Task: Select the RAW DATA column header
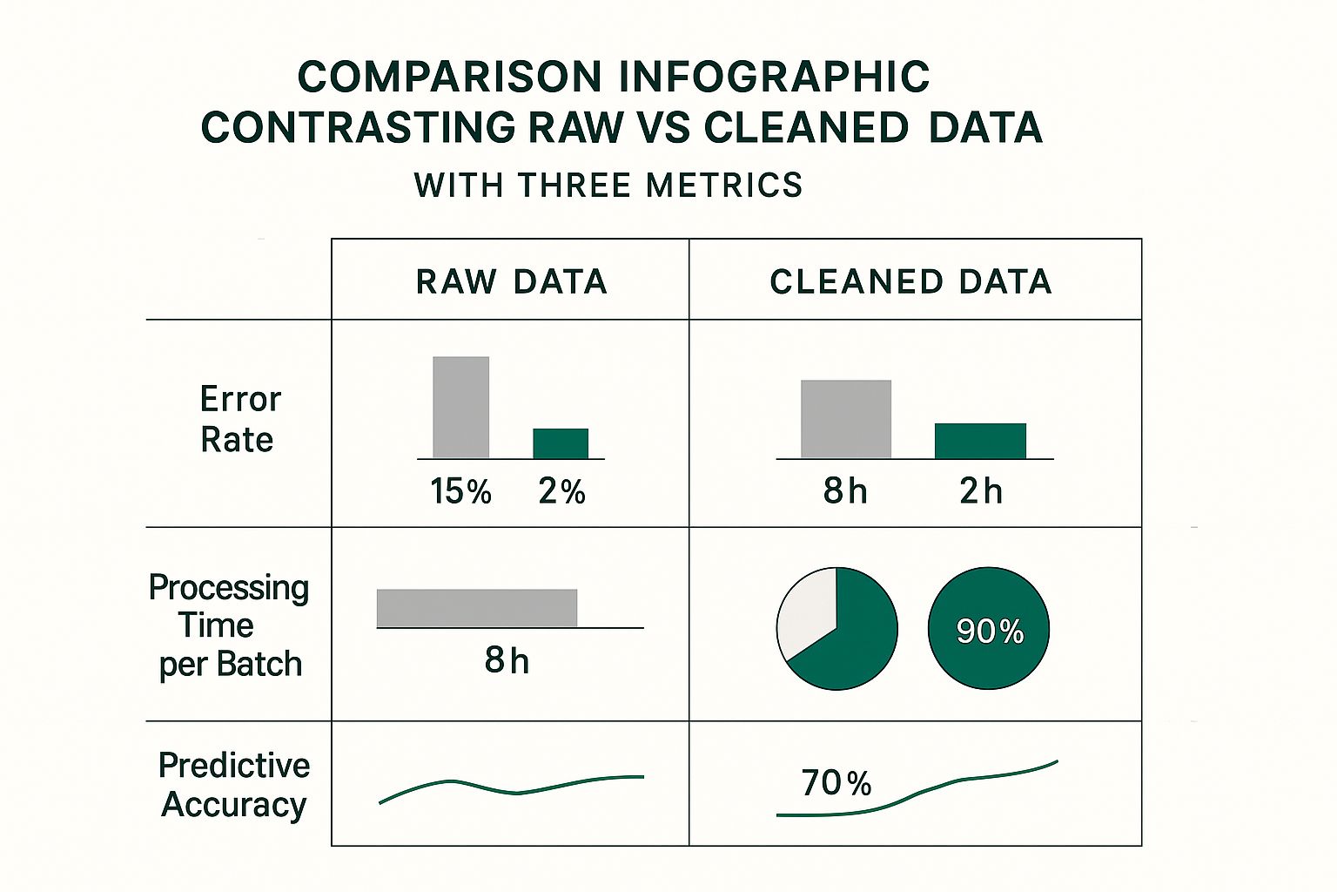click(511, 282)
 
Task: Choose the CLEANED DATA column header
click(910, 282)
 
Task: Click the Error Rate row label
click(239, 419)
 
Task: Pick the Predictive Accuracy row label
click(234, 785)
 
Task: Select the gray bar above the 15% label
click(461, 407)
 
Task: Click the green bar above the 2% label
click(561, 443)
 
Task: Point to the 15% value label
click(460, 492)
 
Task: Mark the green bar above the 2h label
click(980, 441)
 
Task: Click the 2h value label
click(981, 492)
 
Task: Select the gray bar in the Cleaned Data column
click(846, 419)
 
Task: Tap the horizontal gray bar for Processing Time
click(476, 608)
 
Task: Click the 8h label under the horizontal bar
click(507, 661)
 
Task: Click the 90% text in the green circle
click(990, 632)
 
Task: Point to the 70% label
click(836, 783)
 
